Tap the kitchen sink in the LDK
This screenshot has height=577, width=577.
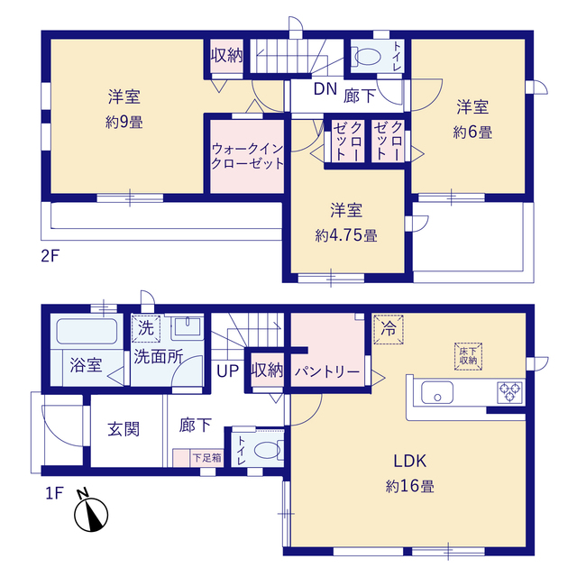tap(437, 392)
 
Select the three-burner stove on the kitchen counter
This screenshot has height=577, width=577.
tap(509, 393)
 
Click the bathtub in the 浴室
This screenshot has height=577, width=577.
tap(87, 332)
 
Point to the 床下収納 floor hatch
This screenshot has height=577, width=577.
tap(468, 357)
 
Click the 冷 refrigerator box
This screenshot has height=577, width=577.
tap(389, 329)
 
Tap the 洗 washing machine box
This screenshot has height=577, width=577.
tap(146, 328)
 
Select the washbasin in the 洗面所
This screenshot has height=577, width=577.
tap(188, 327)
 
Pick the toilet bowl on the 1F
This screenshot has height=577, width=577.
tap(269, 450)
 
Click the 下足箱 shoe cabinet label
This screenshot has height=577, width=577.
tap(206, 458)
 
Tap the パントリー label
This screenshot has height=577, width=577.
tap(327, 372)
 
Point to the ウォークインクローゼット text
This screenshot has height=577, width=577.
tap(247, 156)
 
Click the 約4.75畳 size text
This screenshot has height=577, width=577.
tap(346, 235)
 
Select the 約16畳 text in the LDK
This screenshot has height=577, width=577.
tap(409, 487)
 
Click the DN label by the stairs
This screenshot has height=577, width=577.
tap(325, 89)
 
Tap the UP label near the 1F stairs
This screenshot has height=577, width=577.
tap(228, 371)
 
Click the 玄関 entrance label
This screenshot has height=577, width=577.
tap(124, 429)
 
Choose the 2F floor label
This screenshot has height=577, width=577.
tap(50, 256)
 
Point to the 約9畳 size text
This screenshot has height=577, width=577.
tap(124, 123)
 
